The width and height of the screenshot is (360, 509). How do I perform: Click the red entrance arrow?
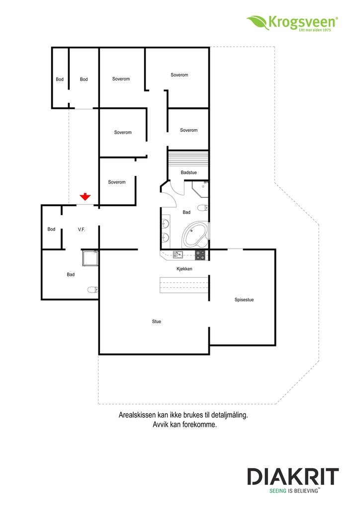click(85, 197)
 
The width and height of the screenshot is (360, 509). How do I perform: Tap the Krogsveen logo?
click(293, 22)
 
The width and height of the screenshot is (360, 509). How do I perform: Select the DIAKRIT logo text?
click(293, 478)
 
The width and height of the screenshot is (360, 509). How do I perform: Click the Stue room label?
click(157, 322)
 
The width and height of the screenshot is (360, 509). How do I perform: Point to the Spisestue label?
click(244, 300)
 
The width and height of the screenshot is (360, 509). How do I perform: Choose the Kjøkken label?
click(184, 269)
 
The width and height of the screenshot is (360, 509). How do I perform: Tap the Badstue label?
click(189, 172)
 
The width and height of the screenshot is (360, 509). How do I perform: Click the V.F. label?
click(82, 229)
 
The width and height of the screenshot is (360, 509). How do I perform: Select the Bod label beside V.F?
click(51, 229)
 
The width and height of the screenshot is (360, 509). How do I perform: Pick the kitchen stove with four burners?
click(200, 254)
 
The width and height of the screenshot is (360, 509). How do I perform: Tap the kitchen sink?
click(178, 254)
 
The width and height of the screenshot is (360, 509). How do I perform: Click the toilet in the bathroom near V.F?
click(92, 289)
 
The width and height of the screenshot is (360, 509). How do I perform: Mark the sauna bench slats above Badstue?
click(188, 159)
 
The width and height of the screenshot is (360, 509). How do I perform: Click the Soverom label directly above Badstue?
click(189, 130)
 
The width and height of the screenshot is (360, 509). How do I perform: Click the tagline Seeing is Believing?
click(294, 490)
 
